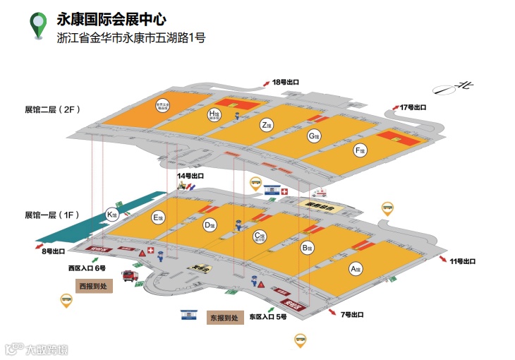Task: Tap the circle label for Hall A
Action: pyautogui.click(x=356, y=268)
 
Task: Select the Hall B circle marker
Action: pyautogui.click(x=306, y=248)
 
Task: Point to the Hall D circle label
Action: pyautogui.click(x=209, y=225)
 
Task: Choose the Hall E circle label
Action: pyautogui.click(x=158, y=217)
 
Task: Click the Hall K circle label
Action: pyautogui.click(x=111, y=215)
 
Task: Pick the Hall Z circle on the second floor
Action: pyautogui.click(x=266, y=126)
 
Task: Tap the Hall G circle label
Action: pyautogui.click(x=313, y=136)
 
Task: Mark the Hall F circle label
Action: pyautogui.click(x=360, y=150)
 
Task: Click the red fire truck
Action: pyautogui.click(x=131, y=275)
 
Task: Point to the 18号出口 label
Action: pyautogui.click(x=286, y=83)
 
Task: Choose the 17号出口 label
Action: pyautogui.click(x=413, y=107)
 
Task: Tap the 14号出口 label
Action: pyautogui.click(x=190, y=176)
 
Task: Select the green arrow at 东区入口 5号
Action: pyautogui.click(x=271, y=308)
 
